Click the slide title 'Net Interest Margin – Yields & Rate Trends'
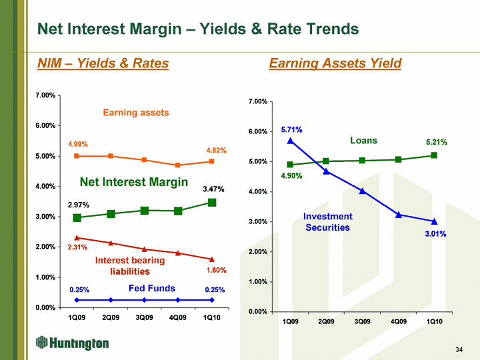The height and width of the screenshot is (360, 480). point(198,29)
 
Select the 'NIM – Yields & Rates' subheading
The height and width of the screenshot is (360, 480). point(103,63)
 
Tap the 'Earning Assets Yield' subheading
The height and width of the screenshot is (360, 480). point(335,63)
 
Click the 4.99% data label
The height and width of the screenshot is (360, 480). point(78,144)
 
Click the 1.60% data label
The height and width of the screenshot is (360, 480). point(216,271)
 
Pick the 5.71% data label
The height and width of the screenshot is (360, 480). point(291,129)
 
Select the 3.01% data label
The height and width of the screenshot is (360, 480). point(435,234)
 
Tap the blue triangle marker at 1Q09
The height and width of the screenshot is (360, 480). point(291,141)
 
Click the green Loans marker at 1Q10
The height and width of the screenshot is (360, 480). point(434,155)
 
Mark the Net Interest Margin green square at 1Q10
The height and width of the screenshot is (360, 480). point(212,202)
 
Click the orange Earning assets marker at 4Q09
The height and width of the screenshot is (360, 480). point(178,165)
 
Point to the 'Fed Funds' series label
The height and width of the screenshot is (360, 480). point(151,289)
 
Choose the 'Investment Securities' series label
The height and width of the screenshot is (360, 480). point(327,222)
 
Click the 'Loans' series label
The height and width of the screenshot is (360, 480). point(363,141)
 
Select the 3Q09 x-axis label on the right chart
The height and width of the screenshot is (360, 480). point(362,322)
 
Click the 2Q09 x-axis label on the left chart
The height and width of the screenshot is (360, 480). point(111,317)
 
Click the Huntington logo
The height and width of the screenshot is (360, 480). point(73,343)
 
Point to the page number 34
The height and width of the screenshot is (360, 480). point(459,349)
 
